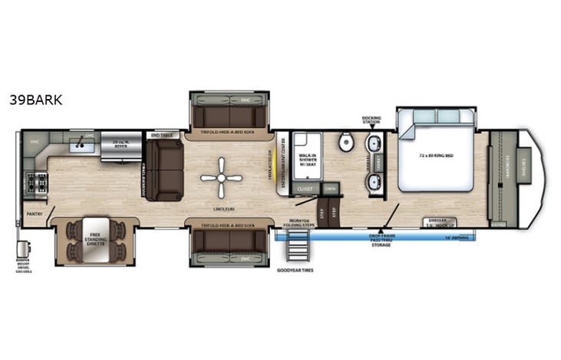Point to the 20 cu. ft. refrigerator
(120, 146)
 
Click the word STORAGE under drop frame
(381, 246)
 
